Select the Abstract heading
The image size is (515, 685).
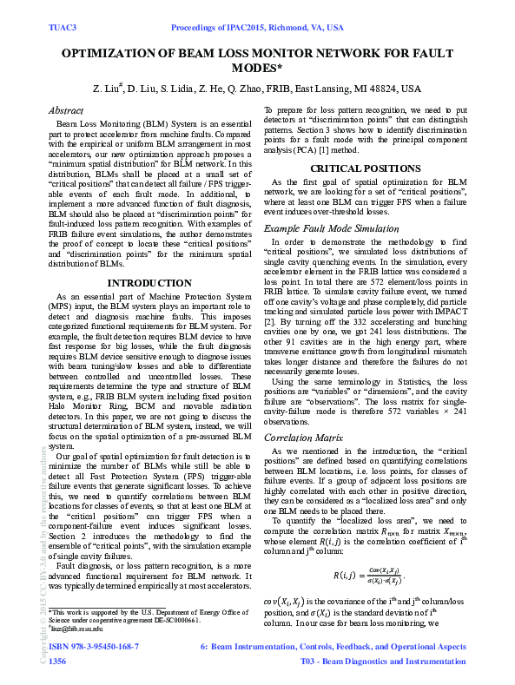(x=66, y=111)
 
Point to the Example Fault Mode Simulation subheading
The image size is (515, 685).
(x=332, y=227)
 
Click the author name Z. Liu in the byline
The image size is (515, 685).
(x=109, y=89)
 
